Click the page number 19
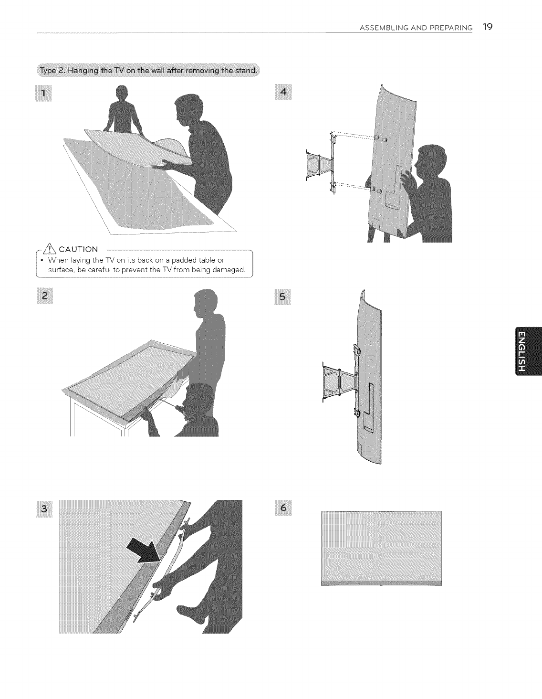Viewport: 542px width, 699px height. point(488,27)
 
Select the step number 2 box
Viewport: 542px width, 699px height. point(45,296)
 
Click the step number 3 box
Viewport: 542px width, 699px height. point(44,508)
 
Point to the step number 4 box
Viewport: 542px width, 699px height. point(283,92)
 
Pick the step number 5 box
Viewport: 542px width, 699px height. point(282,297)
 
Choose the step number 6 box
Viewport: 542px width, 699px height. point(283,508)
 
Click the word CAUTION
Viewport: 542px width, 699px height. point(78,249)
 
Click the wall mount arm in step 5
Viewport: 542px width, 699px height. point(341,381)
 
